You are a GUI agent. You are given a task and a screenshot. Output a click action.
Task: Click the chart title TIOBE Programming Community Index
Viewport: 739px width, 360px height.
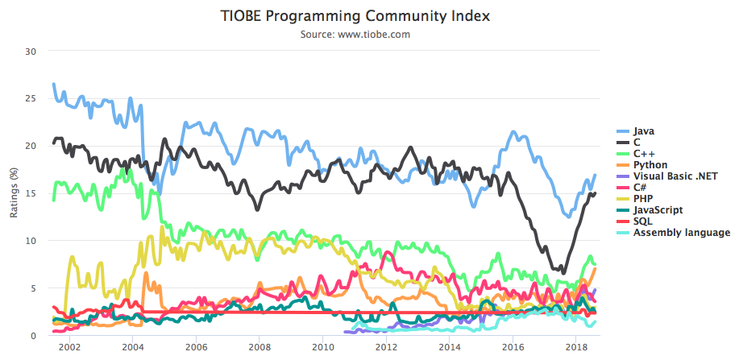click(x=355, y=16)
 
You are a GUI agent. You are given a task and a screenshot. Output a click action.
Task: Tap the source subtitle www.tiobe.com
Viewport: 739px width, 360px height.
click(x=355, y=34)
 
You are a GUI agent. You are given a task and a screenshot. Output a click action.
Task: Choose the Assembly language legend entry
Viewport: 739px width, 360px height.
click(x=678, y=232)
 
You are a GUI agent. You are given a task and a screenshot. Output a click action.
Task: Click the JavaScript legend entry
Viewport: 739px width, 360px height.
click(x=658, y=209)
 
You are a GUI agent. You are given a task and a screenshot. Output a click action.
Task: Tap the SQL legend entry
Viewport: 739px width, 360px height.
click(x=642, y=221)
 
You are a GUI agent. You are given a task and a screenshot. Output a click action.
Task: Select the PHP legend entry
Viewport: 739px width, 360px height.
click(x=642, y=198)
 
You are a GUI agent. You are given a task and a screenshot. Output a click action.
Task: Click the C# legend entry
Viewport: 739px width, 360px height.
click(x=640, y=187)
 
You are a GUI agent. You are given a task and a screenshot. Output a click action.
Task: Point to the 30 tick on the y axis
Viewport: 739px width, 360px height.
click(x=31, y=51)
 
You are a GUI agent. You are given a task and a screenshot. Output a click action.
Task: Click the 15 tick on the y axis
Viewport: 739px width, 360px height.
click(x=31, y=193)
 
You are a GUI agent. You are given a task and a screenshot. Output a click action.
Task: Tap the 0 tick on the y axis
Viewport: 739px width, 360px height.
click(x=34, y=336)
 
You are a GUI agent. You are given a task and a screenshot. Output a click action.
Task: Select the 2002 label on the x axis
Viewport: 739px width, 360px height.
click(x=69, y=348)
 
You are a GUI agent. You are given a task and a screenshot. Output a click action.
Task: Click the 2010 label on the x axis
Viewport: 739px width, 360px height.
click(x=322, y=348)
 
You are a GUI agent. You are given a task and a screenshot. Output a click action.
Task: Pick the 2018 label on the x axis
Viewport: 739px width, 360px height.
click(x=575, y=348)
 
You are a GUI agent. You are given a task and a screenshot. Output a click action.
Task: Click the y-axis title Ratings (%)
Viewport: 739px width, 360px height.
click(x=14, y=193)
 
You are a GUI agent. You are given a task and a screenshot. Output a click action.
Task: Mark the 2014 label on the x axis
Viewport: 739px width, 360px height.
click(x=449, y=348)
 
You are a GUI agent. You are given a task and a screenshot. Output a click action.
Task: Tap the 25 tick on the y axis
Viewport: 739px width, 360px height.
click(x=31, y=98)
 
